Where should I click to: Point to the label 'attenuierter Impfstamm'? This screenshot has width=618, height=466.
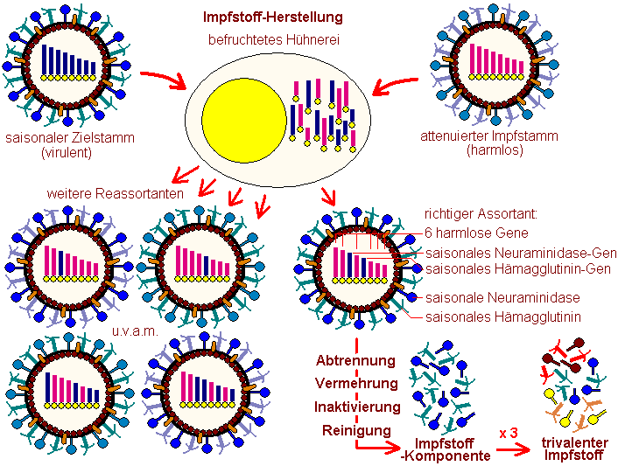488,136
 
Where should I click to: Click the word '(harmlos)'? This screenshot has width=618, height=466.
488,150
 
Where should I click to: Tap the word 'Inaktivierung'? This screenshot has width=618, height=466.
356,407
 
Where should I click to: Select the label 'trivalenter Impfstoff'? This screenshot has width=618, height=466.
575,448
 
